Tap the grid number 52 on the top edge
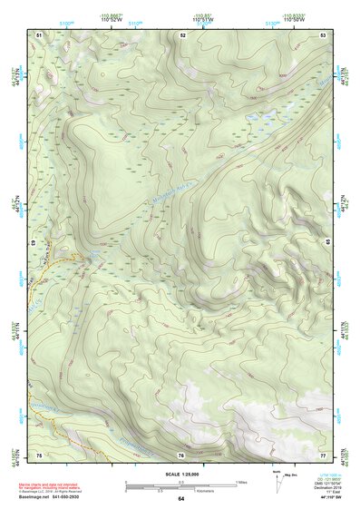point(182,34)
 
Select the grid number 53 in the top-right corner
point(324,34)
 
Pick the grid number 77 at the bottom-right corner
point(324,454)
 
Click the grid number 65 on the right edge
point(326,243)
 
